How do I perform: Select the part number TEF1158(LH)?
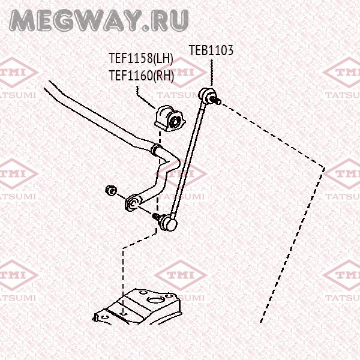(140, 59)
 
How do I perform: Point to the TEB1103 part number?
(211, 50)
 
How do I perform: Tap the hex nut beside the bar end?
(110, 190)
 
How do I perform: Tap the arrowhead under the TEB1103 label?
(211, 85)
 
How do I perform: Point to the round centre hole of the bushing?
(176, 121)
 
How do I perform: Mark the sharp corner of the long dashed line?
(325, 167)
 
